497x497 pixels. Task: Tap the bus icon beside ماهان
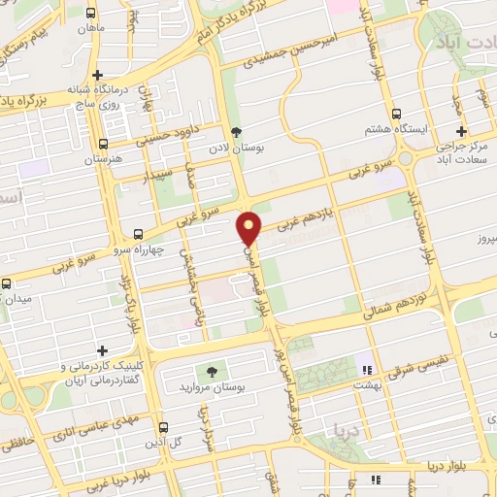click(90, 14)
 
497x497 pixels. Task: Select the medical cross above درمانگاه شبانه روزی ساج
click(96, 75)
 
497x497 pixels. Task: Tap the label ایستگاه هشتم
click(395, 129)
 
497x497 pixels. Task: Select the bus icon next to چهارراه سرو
click(138, 234)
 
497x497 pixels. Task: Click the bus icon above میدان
click(7, 283)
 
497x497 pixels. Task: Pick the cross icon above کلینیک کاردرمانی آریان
click(102, 349)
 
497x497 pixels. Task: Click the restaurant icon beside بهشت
click(366, 370)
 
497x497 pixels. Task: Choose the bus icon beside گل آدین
click(162, 427)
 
